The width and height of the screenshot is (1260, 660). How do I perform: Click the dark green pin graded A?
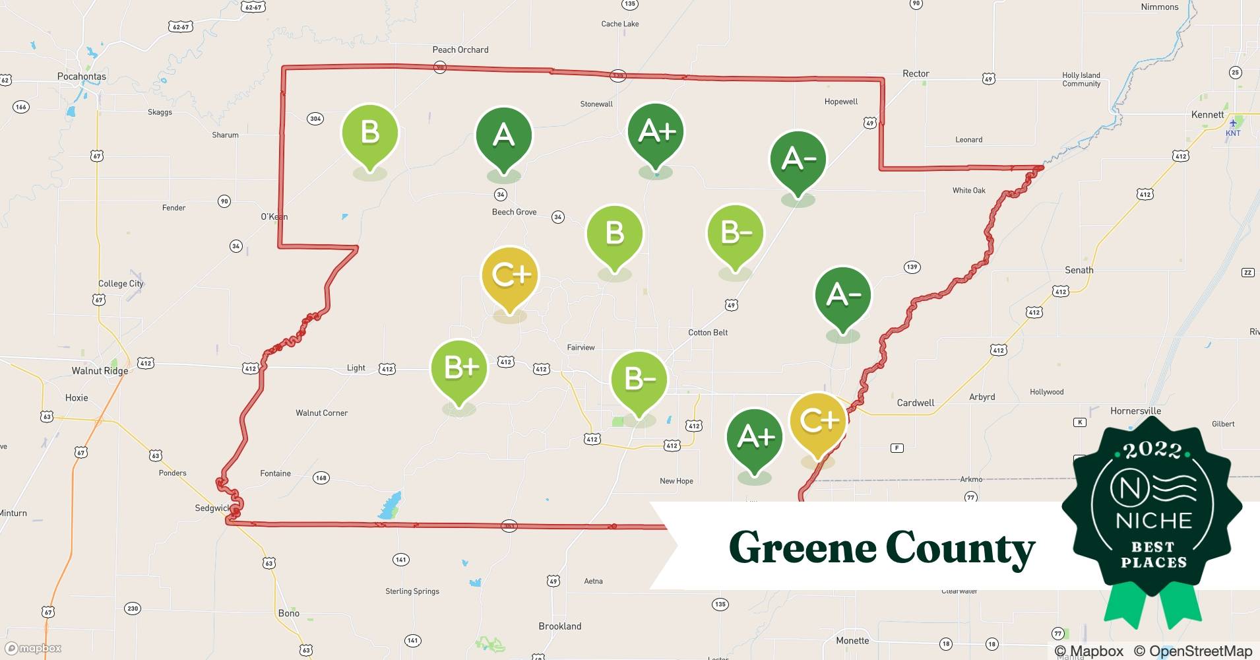(x=503, y=136)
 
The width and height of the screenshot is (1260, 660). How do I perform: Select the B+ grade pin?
(x=459, y=368)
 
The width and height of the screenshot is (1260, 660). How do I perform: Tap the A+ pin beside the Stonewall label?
(x=656, y=132)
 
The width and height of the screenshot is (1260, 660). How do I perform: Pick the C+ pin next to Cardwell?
(x=818, y=420)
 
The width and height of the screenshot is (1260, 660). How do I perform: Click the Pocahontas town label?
(x=81, y=76)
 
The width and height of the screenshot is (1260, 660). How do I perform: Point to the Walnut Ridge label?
(x=100, y=370)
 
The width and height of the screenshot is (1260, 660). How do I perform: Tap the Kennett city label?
(x=1207, y=114)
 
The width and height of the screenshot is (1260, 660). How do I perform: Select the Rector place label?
(x=916, y=73)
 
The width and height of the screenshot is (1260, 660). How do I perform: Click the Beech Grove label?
(x=514, y=212)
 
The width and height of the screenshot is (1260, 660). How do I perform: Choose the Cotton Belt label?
(x=708, y=332)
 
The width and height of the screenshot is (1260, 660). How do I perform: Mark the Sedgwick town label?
(x=212, y=508)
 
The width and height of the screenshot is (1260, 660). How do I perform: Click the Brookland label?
(x=559, y=626)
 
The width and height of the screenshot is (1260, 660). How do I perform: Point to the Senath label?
(x=1079, y=270)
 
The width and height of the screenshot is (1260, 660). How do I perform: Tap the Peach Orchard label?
(x=460, y=49)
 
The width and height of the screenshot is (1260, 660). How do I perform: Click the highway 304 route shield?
(x=315, y=119)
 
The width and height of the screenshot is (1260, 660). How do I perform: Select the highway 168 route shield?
(x=321, y=478)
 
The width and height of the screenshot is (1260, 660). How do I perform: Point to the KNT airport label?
(x=1232, y=133)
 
